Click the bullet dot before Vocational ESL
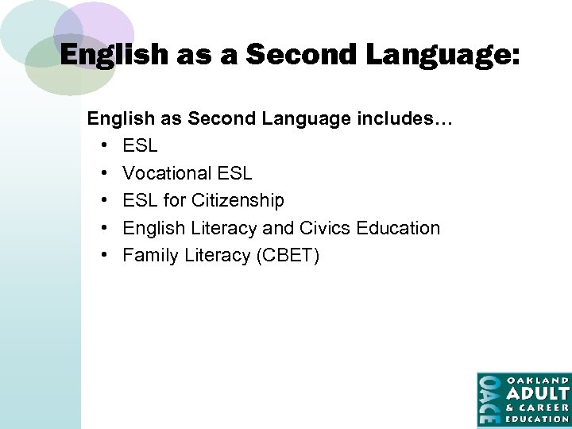click(x=106, y=173)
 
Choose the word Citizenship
click(x=238, y=200)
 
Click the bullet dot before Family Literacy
click(x=106, y=255)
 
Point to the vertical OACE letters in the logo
click(x=489, y=400)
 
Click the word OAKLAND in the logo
click(x=538, y=380)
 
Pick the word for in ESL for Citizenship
click(x=174, y=200)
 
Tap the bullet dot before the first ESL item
click(x=106, y=146)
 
